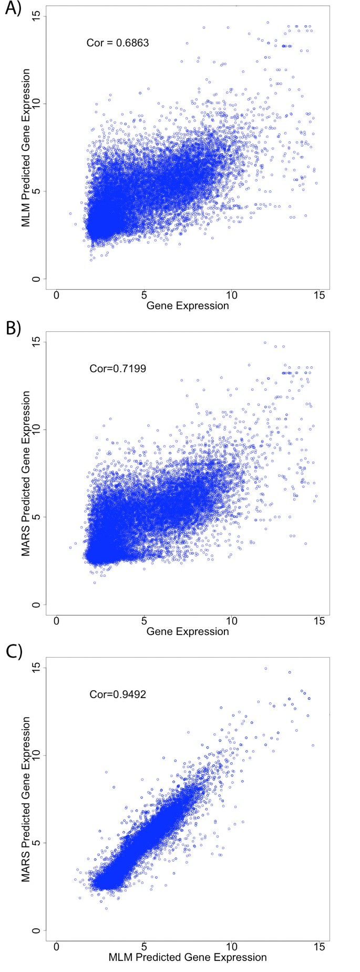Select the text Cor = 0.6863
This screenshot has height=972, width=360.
(118, 43)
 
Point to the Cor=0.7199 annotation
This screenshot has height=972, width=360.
(118, 369)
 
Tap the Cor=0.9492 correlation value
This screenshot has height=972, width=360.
(118, 694)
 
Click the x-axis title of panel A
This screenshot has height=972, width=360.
(188, 305)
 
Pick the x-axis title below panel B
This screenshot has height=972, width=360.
(188, 631)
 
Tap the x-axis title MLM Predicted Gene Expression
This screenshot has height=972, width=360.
(188, 957)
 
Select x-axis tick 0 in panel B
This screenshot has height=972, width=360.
(56, 621)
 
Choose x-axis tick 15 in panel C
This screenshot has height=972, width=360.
(318, 947)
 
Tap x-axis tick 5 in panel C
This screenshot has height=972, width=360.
(143, 947)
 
